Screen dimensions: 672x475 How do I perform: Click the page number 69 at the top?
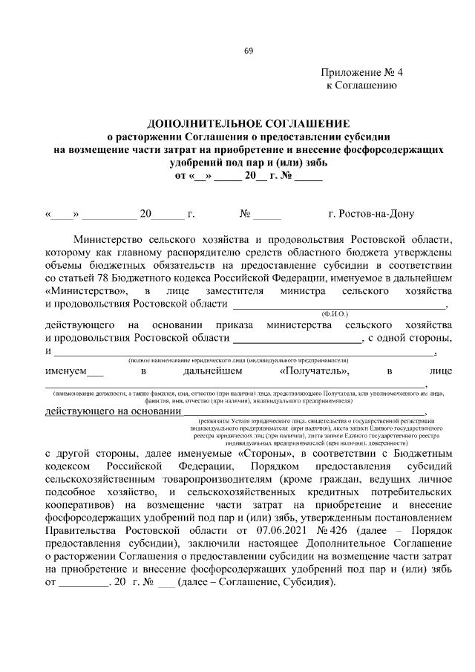[249, 50]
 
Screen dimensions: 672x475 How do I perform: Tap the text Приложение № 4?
[362, 73]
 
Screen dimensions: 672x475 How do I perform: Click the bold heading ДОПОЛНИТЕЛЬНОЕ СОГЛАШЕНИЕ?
[248, 123]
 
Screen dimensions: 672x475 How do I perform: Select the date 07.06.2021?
[261, 532]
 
